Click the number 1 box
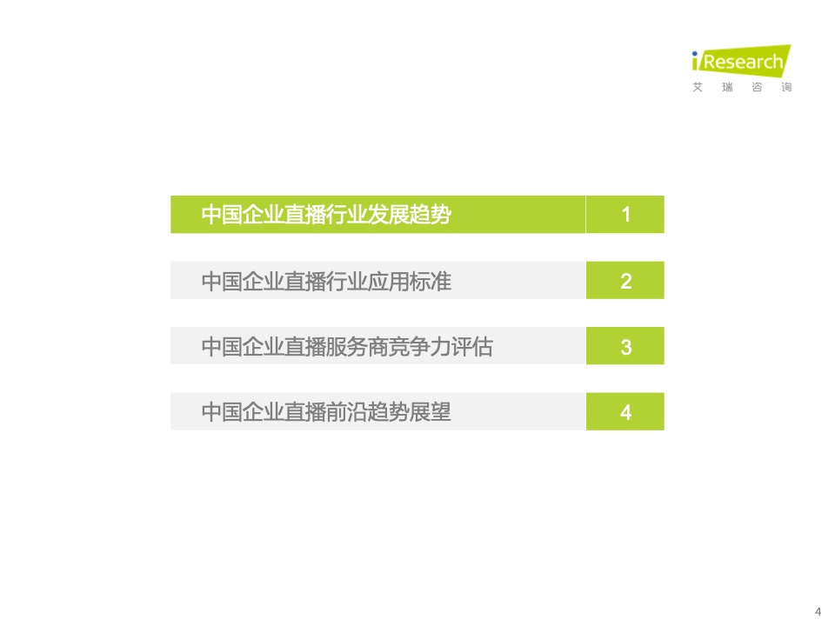click(x=625, y=214)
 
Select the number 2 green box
click(x=625, y=280)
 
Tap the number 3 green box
click(x=625, y=346)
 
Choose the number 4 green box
click(x=625, y=411)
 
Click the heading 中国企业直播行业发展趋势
click(x=326, y=215)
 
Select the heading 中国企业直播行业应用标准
click(x=326, y=281)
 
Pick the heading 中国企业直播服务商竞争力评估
click(x=347, y=347)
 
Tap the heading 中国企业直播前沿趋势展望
click(x=326, y=412)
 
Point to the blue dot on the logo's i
click(x=694, y=53)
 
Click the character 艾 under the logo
click(x=697, y=87)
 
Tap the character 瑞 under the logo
click(x=727, y=87)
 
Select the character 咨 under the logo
click(x=757, y=87)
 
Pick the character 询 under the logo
click(x=786, y=87)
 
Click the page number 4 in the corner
click(x=818, y=612)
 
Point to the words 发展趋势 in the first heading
click(x=410, y=215)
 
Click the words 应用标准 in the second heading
click(x=410, y=281)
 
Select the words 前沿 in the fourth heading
click(x=347, y=412)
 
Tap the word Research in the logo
click(x=744, y=62)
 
